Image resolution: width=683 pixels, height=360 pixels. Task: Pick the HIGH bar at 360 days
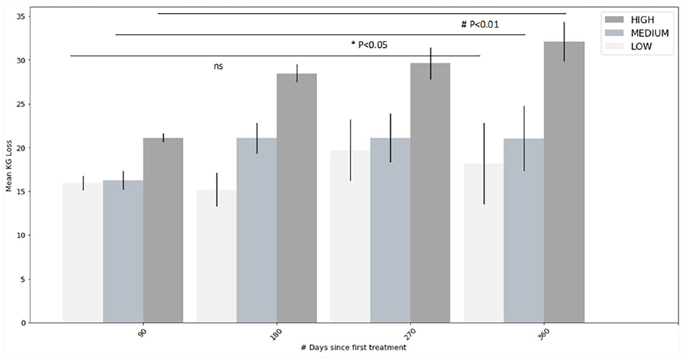[564, 182]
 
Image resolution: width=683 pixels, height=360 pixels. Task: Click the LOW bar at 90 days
[83, 253]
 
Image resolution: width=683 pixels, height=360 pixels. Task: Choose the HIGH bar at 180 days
[296, 198]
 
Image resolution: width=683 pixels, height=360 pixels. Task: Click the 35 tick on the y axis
[21, 17]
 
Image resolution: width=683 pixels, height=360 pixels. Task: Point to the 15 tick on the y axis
[21, 192]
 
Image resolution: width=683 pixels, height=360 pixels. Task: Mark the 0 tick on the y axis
[23, 323]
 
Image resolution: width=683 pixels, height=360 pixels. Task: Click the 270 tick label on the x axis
[410, 334]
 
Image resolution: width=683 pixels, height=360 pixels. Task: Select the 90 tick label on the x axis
[143, 333]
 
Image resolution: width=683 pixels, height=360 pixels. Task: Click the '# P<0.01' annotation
[480, 25]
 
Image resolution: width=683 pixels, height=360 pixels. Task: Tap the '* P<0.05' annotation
[369, 45]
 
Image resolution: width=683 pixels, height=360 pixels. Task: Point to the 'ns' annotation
[218, 66]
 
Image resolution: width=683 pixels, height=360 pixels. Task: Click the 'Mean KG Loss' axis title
[9, 166]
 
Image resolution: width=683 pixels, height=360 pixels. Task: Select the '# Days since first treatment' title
[354, 347]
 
